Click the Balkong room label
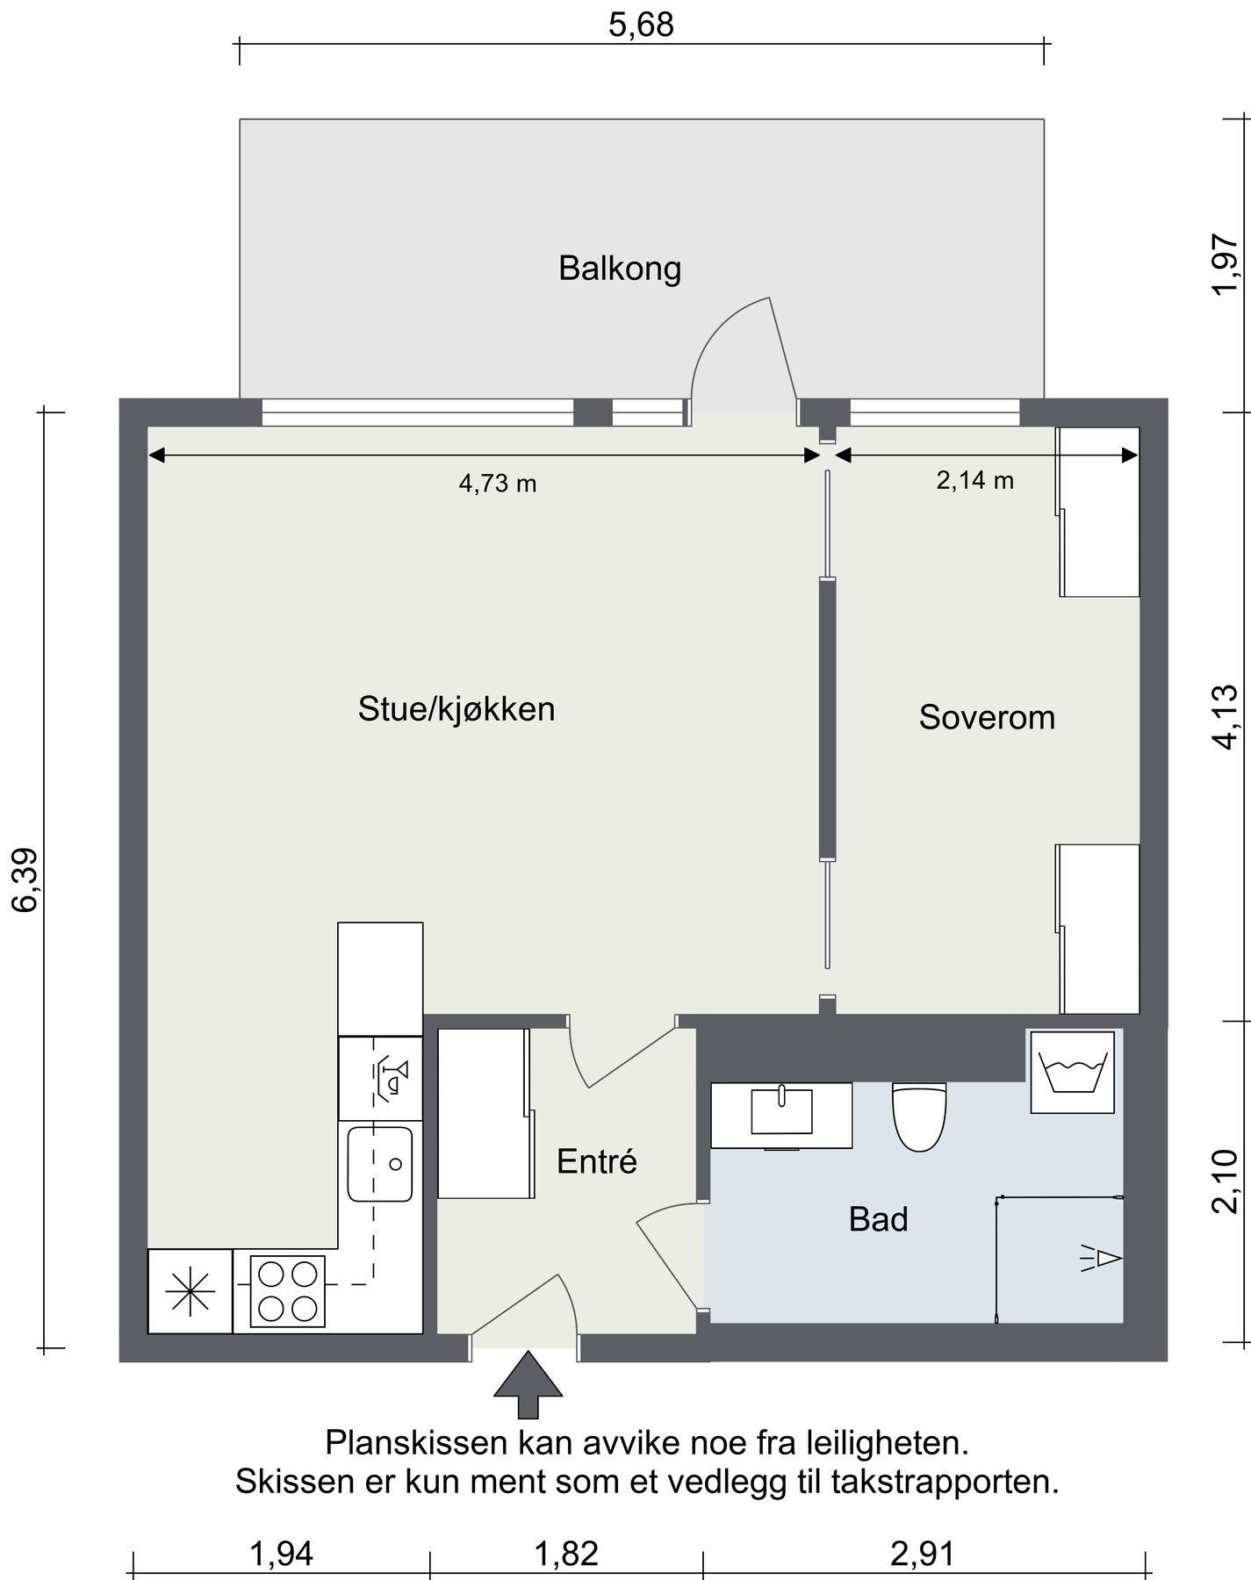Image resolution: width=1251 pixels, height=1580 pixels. [620, 269]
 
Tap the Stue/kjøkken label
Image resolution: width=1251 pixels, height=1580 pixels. [457, 708]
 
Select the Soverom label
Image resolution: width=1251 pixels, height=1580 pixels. [987, 717]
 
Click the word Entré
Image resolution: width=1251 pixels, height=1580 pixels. [597, 1161]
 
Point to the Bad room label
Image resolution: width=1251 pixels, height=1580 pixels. [878, 1219]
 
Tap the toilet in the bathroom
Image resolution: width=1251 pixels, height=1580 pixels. [919, 1116]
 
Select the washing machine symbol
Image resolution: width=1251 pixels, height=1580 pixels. [1073, 1073]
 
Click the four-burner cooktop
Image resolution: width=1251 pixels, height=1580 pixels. [288, 1291]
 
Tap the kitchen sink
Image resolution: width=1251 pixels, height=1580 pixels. [380, 1164]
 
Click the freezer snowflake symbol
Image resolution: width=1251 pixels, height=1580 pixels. [191, 1291]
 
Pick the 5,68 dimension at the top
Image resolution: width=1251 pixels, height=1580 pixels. [642, 25]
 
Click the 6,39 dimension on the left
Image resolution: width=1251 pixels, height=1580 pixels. [25, 880]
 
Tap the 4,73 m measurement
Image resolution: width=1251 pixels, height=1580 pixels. [498, 483]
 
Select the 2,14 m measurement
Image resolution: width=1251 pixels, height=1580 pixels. [975, 480]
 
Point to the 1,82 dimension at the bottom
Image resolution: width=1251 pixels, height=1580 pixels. [566, 1554]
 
